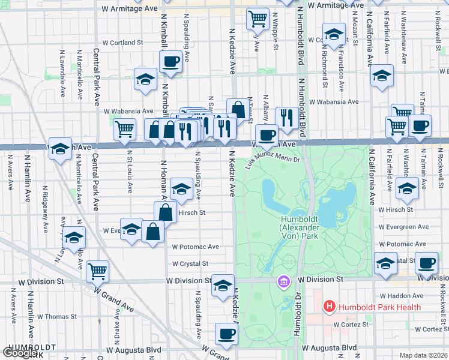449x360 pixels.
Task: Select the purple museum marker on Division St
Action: click(283, 280)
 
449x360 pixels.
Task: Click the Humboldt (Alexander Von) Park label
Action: click(306, 227)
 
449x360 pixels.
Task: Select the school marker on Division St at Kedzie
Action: click(223, 286)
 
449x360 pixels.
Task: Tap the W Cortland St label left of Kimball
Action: click(123, 43)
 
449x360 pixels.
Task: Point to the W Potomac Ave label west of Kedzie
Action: click(195, 247)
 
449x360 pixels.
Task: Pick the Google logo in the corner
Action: click(19, 353)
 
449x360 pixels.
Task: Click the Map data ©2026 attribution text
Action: click(424, 355)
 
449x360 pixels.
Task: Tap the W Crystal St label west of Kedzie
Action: click(190, 263)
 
